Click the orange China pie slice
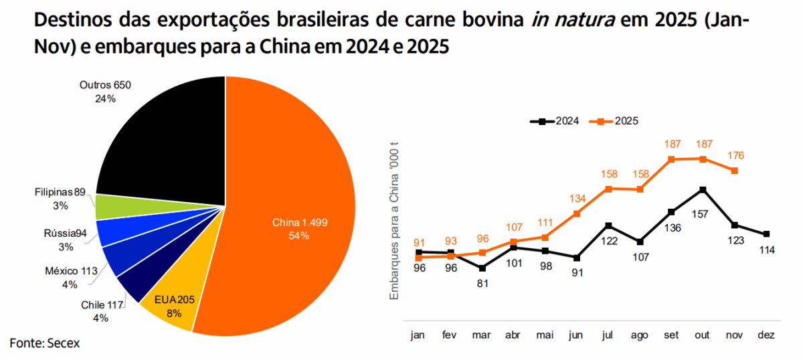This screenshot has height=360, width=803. coord(294,201)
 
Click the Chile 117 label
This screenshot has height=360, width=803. coord(102,304)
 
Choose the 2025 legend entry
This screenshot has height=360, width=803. coord(614,121)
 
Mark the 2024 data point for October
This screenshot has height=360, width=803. coord(703,190)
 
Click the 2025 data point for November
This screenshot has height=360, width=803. coord(735,171)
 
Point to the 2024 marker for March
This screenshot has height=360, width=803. coord(482,268)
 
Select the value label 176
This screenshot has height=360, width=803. coord(735,156)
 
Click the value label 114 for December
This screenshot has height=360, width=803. coord(767,250)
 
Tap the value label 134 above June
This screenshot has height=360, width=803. coord(577,199)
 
